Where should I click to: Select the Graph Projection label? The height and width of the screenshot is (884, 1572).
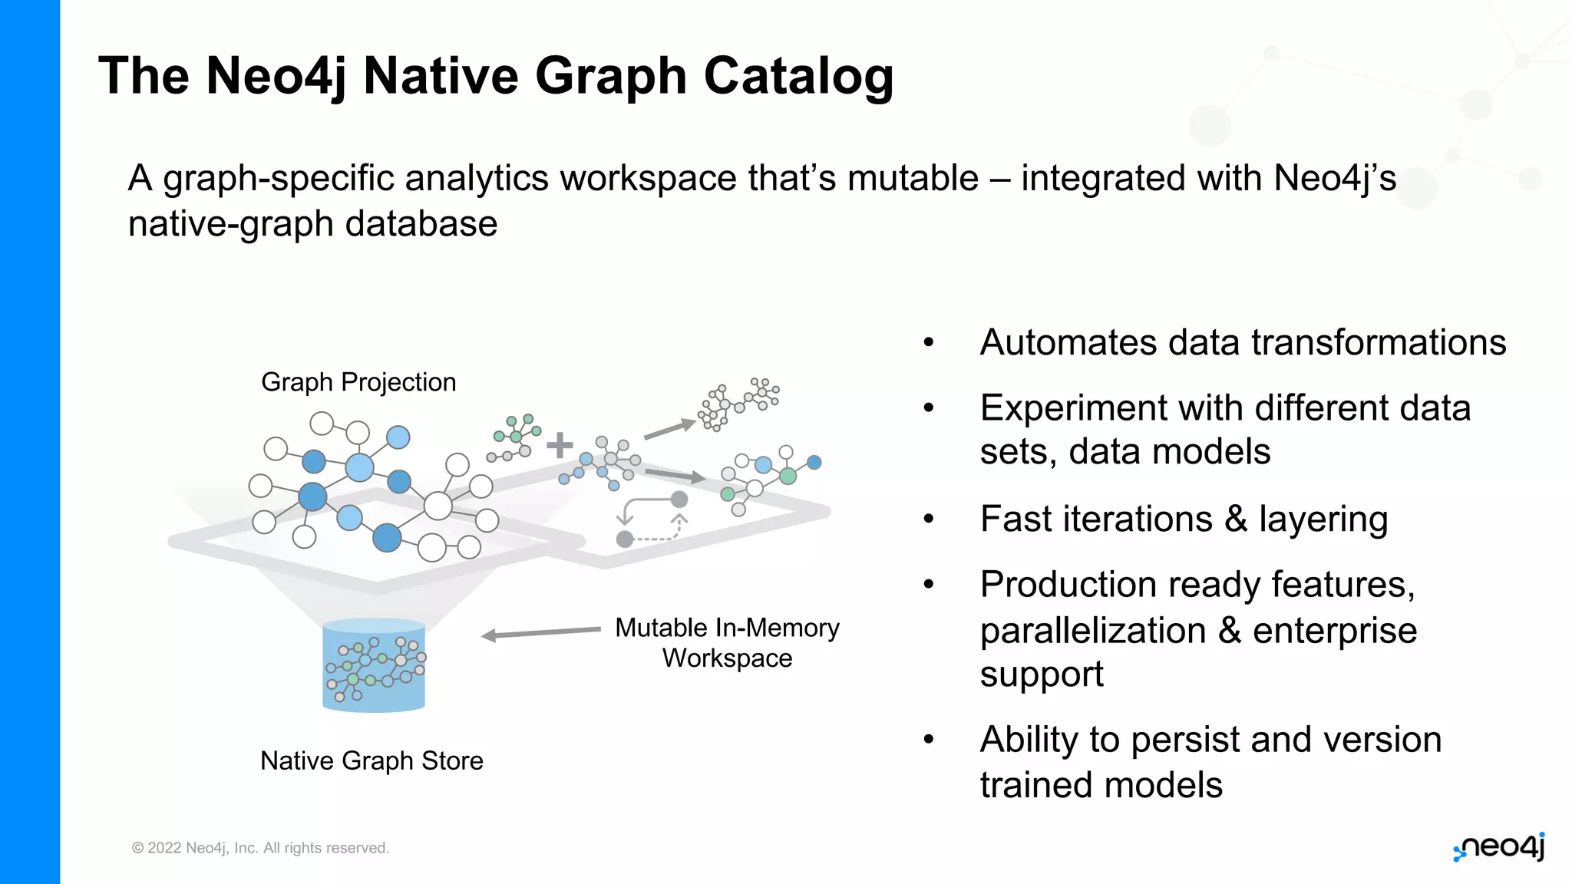(x=358, y=382)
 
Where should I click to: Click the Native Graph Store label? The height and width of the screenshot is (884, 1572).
(x=372, y=760)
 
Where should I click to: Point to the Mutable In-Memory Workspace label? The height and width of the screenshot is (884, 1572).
(x=727, y=643)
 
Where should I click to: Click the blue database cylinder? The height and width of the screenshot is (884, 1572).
(x=374, y=665)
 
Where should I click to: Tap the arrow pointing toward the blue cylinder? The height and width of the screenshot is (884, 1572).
(x=540, y=632)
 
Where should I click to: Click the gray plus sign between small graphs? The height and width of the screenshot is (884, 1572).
(x=560, y=444)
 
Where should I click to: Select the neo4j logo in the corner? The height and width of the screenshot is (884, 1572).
(x=1499, y=847)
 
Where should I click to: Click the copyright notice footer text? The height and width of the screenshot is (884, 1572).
(x=260, y=848)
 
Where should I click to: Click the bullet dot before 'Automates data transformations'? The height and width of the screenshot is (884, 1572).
(x=929, y=342)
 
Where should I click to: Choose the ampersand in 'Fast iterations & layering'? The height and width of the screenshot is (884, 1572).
(x=1236, y=520)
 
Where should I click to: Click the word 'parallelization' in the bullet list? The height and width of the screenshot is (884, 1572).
(x=1093, y=631)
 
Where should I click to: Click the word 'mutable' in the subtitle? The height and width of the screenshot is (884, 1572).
(x=913, y=178)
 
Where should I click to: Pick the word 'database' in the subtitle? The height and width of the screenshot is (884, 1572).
(x=421, y=224)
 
